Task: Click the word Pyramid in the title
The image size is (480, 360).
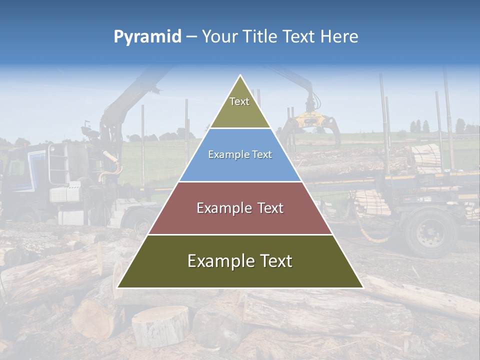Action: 147,37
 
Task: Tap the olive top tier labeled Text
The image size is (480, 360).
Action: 239,107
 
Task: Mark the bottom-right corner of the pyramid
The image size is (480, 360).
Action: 362,287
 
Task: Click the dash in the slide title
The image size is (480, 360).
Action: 191,37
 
